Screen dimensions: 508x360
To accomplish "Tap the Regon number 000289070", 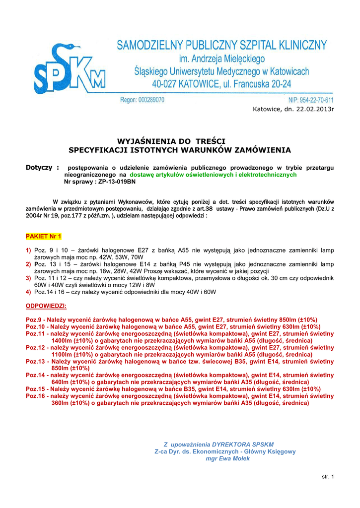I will pyautogui.click(x=149, y=100).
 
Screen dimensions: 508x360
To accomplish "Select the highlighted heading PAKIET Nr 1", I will pyautogui.click(x=43, y=235).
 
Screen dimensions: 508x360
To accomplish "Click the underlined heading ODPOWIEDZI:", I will pyautogui.click(x=46, y=306).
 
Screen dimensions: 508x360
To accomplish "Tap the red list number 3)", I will pyautogui.click(x=29, y=278).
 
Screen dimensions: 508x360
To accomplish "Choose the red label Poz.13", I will pyautogui.click(x=36, y=362).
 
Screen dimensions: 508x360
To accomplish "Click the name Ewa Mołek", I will pyautogui.click(x=236, y=458).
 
